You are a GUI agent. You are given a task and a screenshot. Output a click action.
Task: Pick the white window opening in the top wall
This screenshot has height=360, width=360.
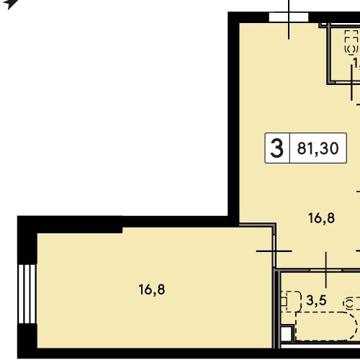288,17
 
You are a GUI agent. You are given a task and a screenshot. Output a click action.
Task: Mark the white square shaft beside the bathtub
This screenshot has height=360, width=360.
287,333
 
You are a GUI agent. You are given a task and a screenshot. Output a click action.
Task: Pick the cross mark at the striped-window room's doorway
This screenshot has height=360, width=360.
274,251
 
